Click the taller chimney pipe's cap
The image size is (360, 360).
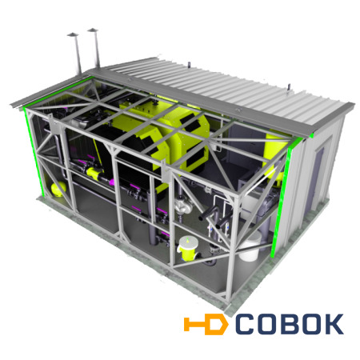coord(93,30)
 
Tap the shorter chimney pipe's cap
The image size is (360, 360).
coord(73,34)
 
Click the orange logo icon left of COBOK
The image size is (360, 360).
coord(206,324)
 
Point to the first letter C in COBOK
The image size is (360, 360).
coord(245,324)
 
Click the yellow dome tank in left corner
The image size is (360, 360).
coord(58,189)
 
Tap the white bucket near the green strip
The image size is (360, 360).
coord(250,247)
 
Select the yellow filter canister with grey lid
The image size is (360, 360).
coord(188,248)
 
